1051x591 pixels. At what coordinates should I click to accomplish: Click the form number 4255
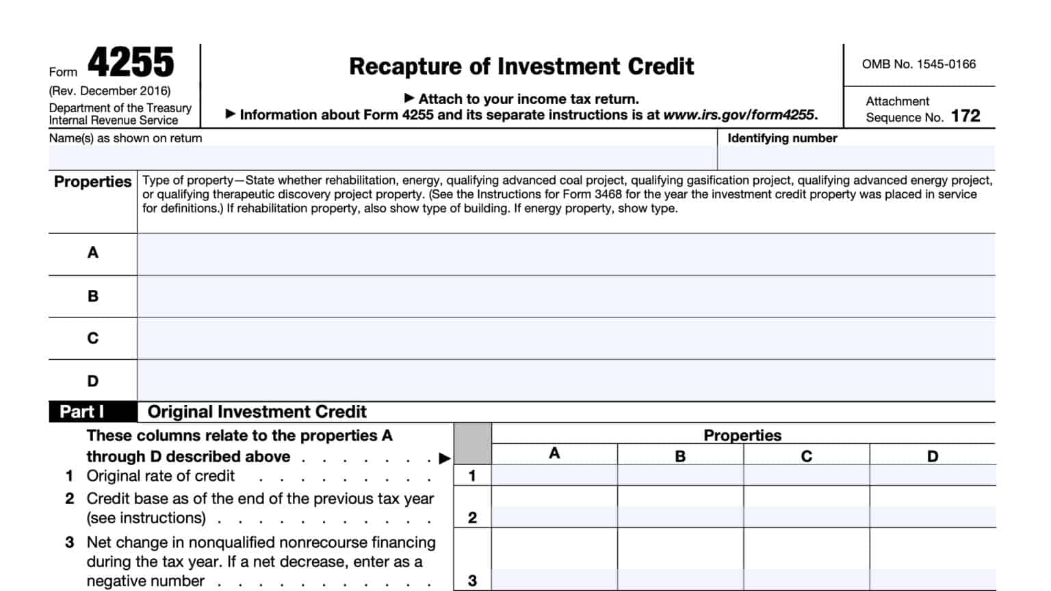[x=131, y=63]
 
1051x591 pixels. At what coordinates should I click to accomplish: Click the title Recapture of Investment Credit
[x=521, y=66]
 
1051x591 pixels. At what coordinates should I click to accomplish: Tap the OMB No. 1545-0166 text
[x=918, y=64]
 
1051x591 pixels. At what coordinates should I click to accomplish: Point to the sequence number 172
[x=965, y=116]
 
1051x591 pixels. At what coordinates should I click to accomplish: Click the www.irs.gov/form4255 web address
[x=739, y=115]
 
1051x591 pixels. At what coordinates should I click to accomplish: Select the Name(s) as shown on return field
[x=382, y=157]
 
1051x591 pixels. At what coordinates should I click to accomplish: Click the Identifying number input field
[x=856, y=157]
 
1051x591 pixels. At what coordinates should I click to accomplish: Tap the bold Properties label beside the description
[x=92, y=182]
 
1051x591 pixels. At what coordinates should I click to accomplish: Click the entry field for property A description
[x=566, y=254]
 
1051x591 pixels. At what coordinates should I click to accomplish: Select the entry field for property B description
[x=566, y=296]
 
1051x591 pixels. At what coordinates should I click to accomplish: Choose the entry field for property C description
[x=566, y=339]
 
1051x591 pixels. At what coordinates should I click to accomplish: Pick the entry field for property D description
[x=566, y=380]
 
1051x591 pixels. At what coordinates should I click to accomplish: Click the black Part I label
[x=82, y=412]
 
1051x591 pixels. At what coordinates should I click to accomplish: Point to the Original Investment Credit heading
[x=257, y=412]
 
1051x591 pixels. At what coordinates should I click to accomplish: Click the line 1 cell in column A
[x=554, y=475]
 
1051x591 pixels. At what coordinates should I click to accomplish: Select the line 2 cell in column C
[x=806, y=517]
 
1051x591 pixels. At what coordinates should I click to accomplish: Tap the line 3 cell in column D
[x=933, y=579]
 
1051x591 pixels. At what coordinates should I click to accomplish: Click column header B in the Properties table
[x=680, y=456]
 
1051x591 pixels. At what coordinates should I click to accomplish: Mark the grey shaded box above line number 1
[x=472, y=443]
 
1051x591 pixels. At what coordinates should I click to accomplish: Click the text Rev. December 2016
[x=109, y=91]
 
